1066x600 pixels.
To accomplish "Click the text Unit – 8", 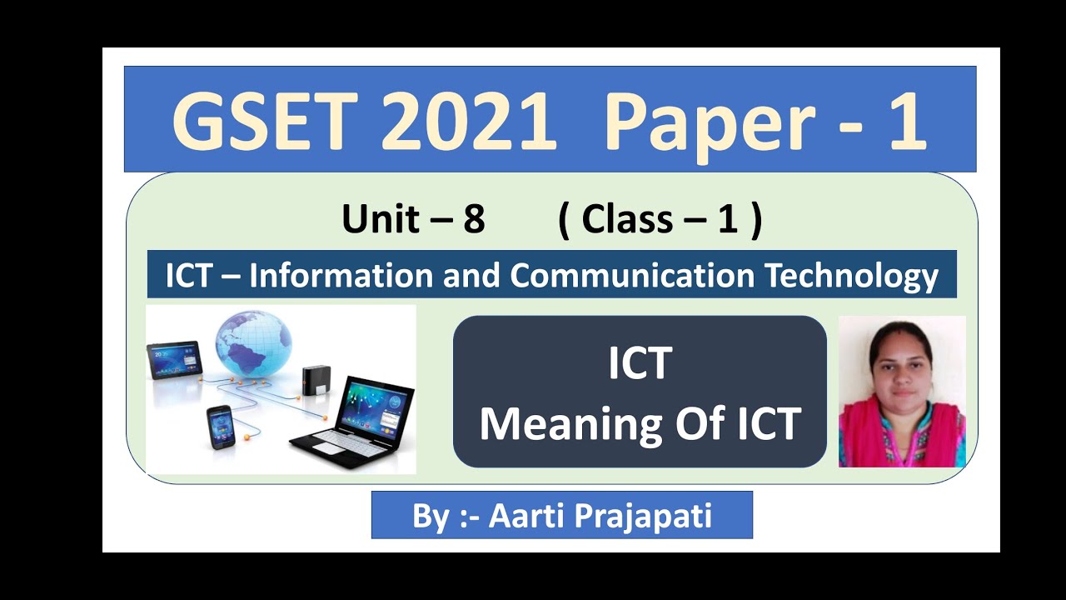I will click(413, 220).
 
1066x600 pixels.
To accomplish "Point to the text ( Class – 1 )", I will click(660, 220).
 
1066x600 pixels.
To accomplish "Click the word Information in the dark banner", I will click(343, 275).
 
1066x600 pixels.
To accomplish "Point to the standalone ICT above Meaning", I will click(640, 363).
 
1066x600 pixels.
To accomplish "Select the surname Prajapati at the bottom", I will click(641, 516).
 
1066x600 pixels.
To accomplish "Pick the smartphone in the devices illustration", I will click(221, 427).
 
